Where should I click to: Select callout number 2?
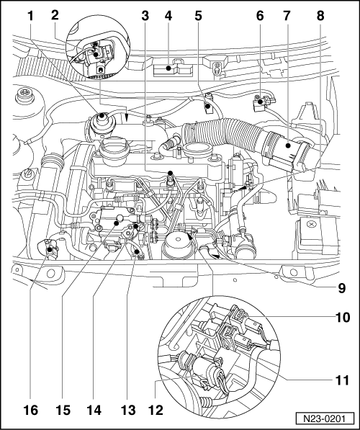click(55, 14)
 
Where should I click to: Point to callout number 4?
click(170, 14)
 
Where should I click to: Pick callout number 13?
click(127, 411)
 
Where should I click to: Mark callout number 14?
click(92, 411)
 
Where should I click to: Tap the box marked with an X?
click(310, 230)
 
